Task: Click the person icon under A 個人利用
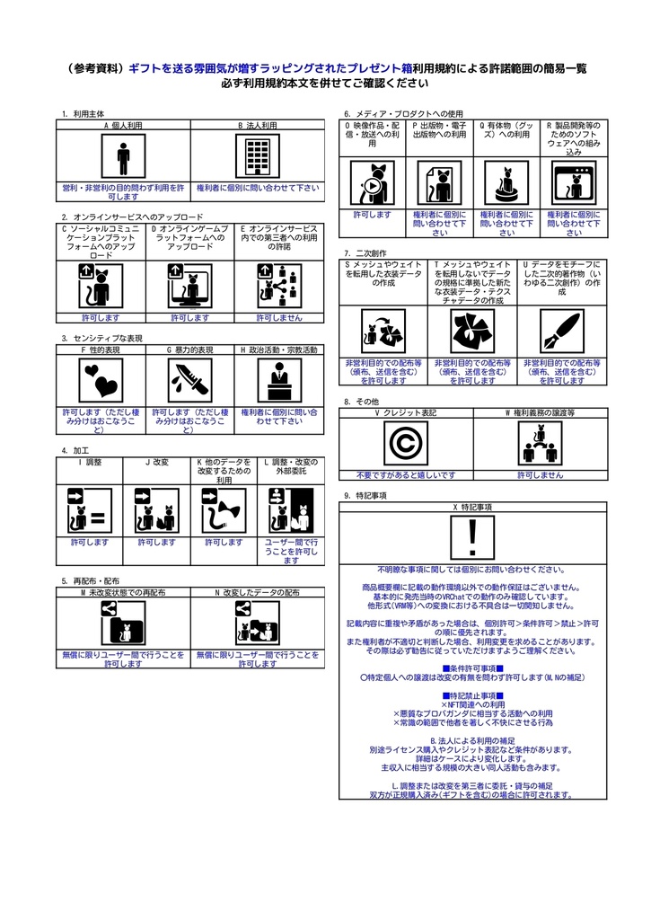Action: click(123, 158)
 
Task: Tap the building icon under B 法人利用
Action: click(257, 158)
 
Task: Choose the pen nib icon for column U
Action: click(560, 332)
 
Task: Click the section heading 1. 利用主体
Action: click(83, 114)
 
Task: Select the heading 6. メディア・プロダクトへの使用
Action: click(404, 114)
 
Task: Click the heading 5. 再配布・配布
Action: click(91, 581)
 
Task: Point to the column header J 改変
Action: click(157, 462)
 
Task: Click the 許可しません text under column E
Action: click(278, 317)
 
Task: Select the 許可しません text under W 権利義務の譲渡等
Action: click(541, 474)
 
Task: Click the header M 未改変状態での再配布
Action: click(123, 593)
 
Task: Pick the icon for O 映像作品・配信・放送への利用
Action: click(372, 183)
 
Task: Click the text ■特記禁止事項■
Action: click(473, 695)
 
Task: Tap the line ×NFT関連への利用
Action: click(473, 704)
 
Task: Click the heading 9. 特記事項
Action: click(365, 495)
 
